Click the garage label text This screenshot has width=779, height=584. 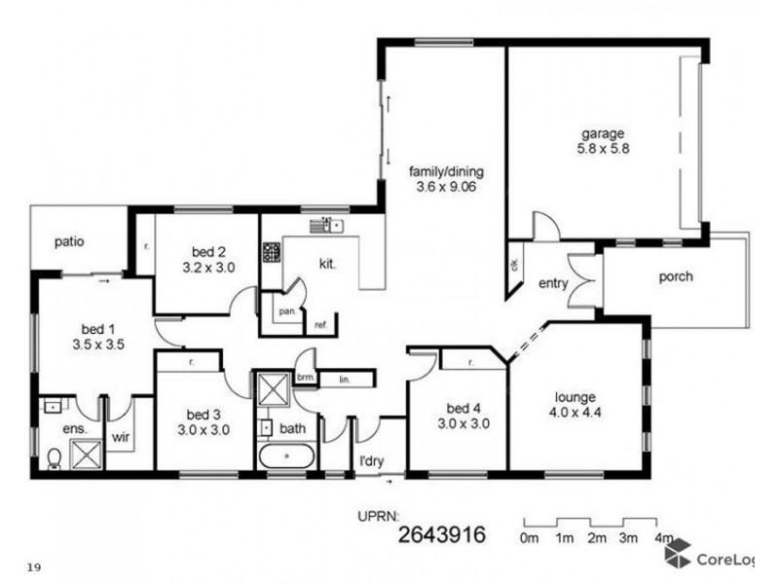pyautogui.click(x=603, y=133)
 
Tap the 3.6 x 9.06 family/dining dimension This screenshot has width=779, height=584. pyautogui.click(x=445, y=189)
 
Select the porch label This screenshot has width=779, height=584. pyautogui.click(x=675, y=276)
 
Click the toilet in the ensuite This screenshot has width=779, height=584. pyautogui.click(x=56, y=456)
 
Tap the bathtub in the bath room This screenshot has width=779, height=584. pyautogui.click(x=285, y=455)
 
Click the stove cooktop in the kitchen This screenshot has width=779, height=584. pyautogui.click(x=271, y=253)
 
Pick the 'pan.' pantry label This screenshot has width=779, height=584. pyautogui.click(x=286, y=312)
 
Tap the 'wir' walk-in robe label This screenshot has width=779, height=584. pyautogui.click(x=122, y=439)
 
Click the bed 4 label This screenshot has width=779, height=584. pyautogui.click(x=463, y=408)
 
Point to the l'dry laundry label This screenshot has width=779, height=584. pyautogui.click(x=370, y=457)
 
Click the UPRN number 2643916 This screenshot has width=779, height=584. pyautogui.click(x=441, y=533)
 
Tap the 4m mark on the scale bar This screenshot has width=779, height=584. pyautogui.click(x=666, y=537)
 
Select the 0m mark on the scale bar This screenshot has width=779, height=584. pyautogui.click(x=531, y=537)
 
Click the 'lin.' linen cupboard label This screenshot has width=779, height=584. pyautogui.click(x=344, y=380)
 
